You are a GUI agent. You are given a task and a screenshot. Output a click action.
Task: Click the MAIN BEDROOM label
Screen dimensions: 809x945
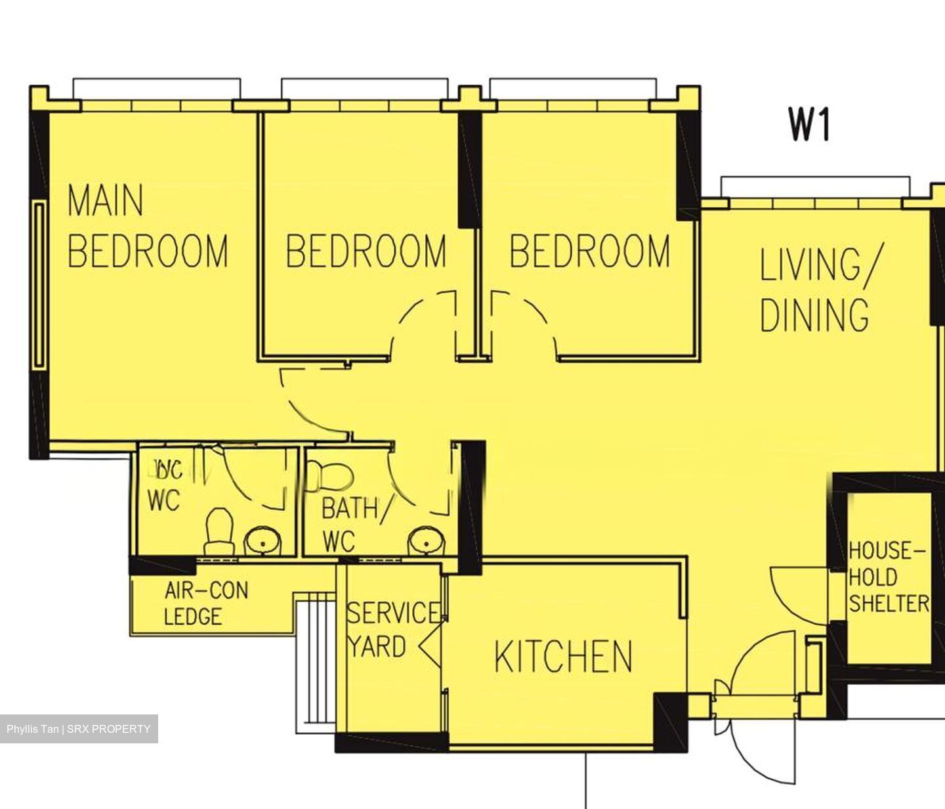(x=147, y=226)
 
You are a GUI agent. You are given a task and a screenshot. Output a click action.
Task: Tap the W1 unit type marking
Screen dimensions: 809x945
(x=809, y=125)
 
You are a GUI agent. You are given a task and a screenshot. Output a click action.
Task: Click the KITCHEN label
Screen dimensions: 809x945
(x=563, y=656)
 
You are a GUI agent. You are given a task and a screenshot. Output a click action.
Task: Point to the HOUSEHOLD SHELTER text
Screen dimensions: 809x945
(x=888, y=577)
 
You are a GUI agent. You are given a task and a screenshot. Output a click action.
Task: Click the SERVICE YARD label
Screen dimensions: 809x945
(x=392, y=630)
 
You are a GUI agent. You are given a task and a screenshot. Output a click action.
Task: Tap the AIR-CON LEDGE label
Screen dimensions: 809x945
(x=205, y=603)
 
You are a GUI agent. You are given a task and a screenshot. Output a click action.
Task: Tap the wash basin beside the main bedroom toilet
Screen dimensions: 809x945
(x=263, y=542)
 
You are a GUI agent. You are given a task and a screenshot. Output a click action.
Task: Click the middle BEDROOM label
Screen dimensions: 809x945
(x=366, y=251)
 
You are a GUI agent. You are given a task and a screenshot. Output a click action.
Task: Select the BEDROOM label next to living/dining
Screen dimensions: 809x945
(x=589, y=251)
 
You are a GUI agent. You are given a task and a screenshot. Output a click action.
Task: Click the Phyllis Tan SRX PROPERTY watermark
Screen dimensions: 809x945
(x=79, y=729)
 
